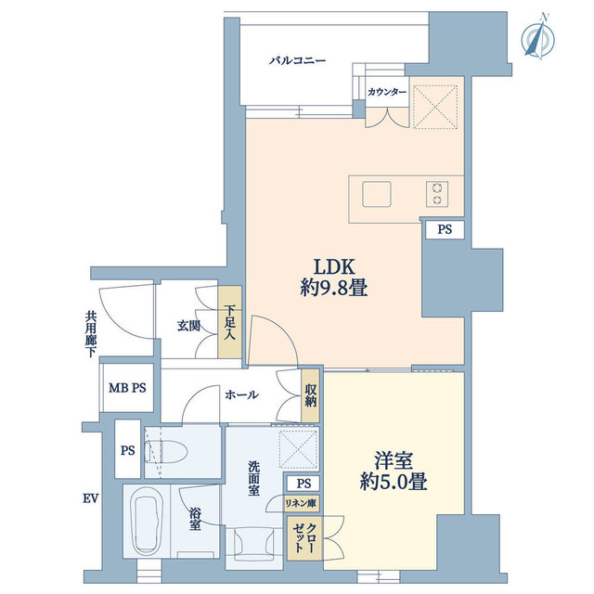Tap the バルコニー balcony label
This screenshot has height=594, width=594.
click(x=298, y=61)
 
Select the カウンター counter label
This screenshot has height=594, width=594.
click(x=386, y=92)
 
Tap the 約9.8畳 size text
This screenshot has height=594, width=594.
click(x=333, y=289)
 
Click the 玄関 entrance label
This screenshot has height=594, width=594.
click(x=189, y=326)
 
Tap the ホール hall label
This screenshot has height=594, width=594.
click(x=241, y=394)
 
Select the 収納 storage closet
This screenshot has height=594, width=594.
click(x=310, y=395)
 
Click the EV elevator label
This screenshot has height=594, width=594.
click(x=90, y=499)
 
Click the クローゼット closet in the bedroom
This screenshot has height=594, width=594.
click(x=303, y=539)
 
